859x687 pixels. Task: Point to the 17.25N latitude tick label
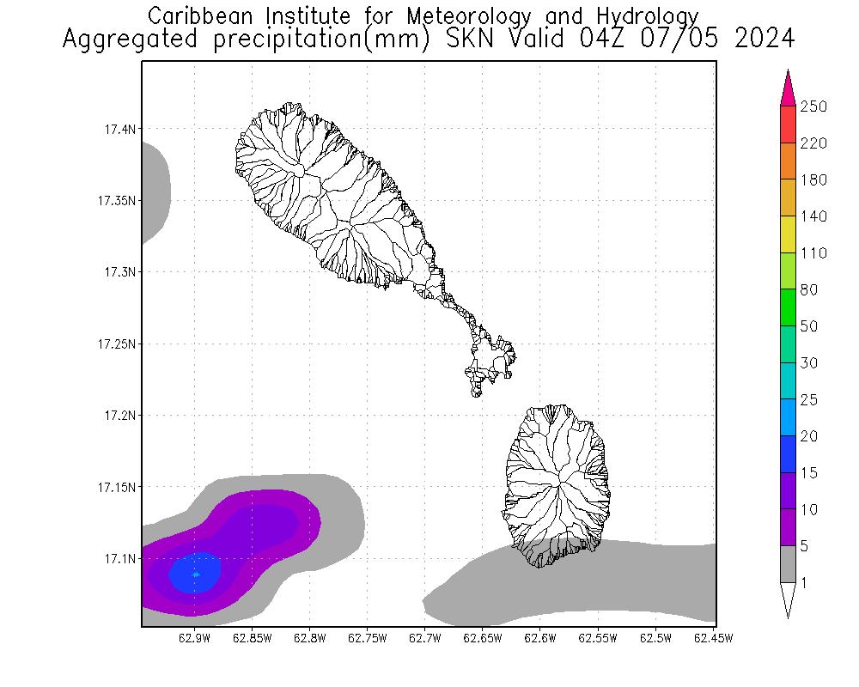click(117, 344)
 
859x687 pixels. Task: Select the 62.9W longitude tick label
click(195, 638)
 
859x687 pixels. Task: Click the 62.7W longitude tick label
click(425, 638)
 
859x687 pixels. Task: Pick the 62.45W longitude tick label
click(713, 638)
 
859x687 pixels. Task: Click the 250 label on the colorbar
click(813, 106)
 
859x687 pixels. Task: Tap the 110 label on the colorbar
click(813, 253)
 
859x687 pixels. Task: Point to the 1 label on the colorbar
click(803, 583)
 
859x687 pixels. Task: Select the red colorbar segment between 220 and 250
click(788, 125)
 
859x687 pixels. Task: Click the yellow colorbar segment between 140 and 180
click(788, 198)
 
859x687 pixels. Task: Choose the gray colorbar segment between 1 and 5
click(788, 565)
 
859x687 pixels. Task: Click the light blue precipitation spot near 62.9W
click(196, 574)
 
